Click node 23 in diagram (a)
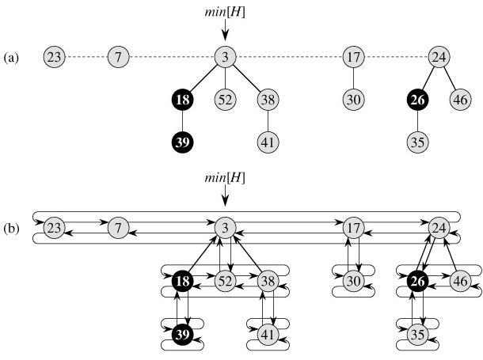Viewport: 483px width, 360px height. (x=55, y=57)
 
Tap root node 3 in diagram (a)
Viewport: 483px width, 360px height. (x=226, y=57)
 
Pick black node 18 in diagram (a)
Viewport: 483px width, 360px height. (x=183, y=100)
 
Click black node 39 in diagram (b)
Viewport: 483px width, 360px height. (x=183, y=333)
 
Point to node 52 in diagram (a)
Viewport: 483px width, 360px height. (x=226, y=100)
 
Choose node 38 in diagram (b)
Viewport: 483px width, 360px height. (x=268, y=280)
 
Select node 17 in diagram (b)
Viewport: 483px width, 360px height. (x=354, y=228)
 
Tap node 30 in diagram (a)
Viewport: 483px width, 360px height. (x=354, y=100)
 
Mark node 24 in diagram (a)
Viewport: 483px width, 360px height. (x=439, y=57)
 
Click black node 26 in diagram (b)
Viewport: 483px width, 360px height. (x=418, y=280)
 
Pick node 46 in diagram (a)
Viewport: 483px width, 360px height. (x=460, y=100)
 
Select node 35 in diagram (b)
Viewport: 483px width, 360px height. (x=418, y=333)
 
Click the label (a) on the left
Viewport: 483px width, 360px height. (x=11, y=58)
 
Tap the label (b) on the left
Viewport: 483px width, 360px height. (x=11, y=228)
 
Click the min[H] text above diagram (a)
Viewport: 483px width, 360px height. (x=226, y=11)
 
